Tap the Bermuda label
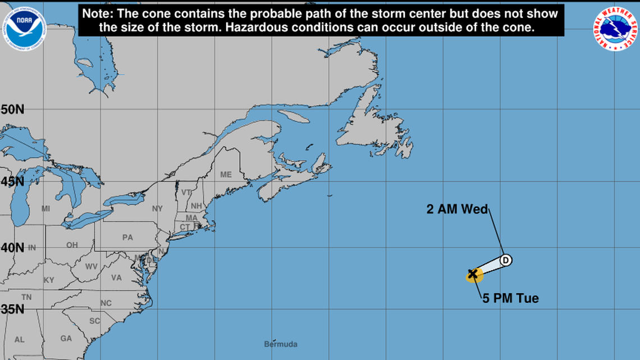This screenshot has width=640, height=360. coord(281,344)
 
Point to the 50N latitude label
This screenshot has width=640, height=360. coord(12,110)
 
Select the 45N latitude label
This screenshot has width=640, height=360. coord(12,181)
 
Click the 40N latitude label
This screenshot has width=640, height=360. coord(12,248)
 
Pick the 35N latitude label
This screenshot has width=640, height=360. coord(12,309)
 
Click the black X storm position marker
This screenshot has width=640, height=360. coord(473,274)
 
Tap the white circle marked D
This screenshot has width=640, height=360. coord(506,260)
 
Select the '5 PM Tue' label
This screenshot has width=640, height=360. coord(510,299)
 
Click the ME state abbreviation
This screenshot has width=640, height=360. coord(226,175)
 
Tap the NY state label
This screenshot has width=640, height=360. coord(157,209)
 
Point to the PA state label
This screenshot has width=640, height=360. coord(127,238)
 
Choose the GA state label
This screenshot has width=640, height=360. coord(66,339)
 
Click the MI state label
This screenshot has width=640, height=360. coord(45,209)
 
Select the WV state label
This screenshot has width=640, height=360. coord(92,266)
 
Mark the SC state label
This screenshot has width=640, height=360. coord(94,321)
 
